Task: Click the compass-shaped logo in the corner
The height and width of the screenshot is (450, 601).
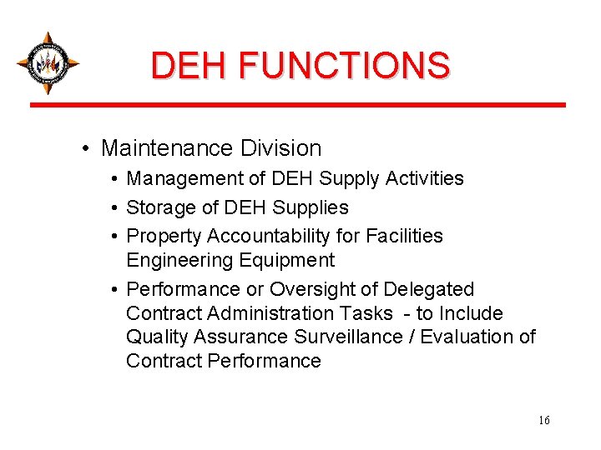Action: (48, 62)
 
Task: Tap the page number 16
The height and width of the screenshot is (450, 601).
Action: (544, 421)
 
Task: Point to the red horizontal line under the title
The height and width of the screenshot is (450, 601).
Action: (298, 105)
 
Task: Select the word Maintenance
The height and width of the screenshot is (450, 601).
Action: (167, 148)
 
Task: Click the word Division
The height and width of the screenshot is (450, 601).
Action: (280, 148)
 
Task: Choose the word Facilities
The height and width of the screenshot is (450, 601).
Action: (403, 236)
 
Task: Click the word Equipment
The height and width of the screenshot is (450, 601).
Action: (287, 260)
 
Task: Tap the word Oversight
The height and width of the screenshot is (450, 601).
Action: (317, 289)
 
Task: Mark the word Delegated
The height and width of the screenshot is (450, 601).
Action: (428, 289)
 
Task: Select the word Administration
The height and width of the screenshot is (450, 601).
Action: (300, 313)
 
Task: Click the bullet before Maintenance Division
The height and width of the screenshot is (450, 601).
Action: (87, 149)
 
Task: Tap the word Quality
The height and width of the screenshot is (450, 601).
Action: (157, 337)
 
